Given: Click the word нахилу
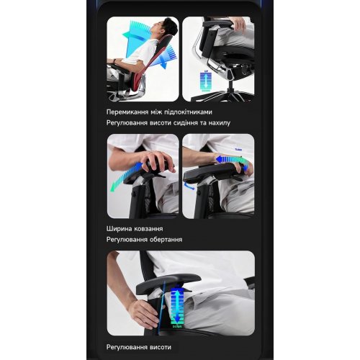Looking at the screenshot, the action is coord(220,123).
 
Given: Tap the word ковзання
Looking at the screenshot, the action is coord(148,229).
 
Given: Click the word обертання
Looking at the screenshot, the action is coord(166,240).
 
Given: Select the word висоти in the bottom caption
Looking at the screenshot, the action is coord(161,347).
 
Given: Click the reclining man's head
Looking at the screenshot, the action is coord(164,27).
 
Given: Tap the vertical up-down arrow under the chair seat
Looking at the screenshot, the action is coord(204,81).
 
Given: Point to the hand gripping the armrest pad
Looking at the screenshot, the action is coord(156,160).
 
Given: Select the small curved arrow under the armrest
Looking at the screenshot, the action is coord(189,186).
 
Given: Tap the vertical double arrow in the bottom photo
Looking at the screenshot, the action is coord(176,305).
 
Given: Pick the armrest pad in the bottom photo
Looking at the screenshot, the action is coord(168,284).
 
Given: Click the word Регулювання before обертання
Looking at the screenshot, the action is coord(127,240).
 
